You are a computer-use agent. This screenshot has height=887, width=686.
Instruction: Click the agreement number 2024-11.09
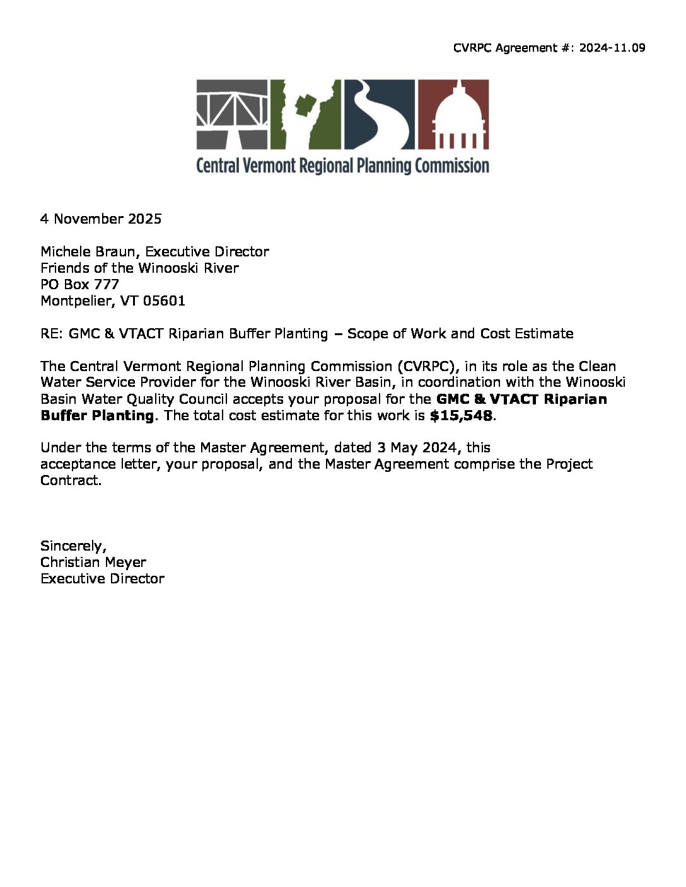(612, 48)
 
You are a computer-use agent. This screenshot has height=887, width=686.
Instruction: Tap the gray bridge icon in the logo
(232, 113)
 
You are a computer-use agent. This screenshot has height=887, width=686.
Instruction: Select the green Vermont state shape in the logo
(306, 113)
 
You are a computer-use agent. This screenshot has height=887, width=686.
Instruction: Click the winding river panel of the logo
(378, 113)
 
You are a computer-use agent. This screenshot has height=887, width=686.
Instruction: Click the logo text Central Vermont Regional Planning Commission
(342, 166)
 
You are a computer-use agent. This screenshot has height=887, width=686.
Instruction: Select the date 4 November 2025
(101, 219)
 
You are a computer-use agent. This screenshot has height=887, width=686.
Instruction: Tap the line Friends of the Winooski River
(139, 268)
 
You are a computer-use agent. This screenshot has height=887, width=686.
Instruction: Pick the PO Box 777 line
(79, 284)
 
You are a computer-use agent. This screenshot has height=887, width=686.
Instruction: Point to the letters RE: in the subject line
(52, 333)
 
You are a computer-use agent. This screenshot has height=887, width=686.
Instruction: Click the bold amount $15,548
(460, 415)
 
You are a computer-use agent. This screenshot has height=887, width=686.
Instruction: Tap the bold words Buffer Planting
(97, 415)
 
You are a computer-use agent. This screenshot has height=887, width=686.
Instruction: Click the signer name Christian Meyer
(93, 562)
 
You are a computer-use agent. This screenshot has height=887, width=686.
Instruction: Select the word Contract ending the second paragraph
(70, 480)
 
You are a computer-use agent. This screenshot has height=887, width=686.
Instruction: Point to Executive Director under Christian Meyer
(102, 578)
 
